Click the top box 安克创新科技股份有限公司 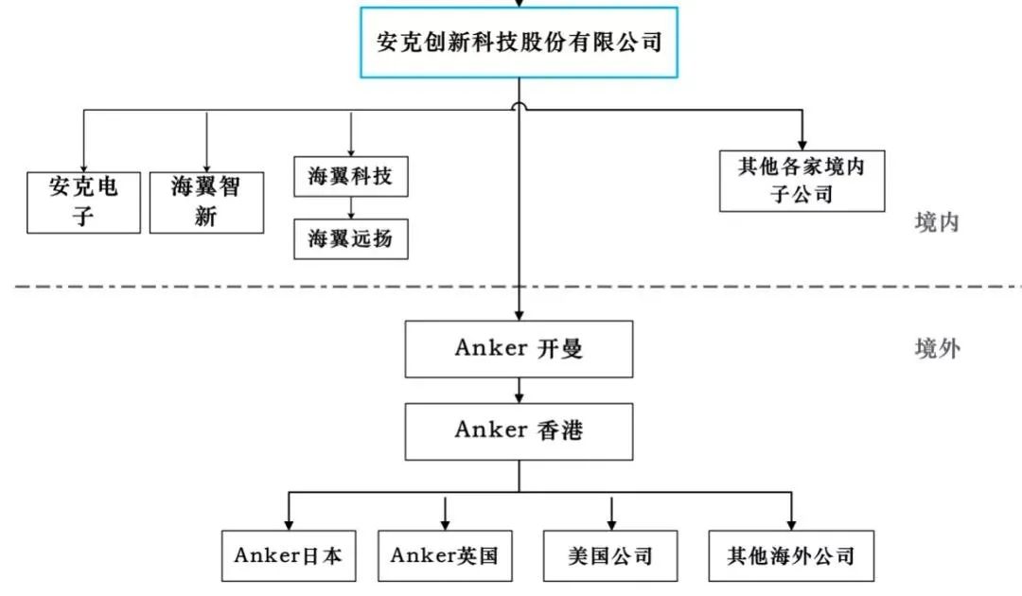click(x=519, y=43)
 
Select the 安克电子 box click(x=83, y=202)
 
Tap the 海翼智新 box click(x=206, y=202)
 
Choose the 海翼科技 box click(x=350, y=176)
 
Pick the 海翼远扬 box click(x=350, y=238)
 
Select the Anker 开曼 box click(x=519, y=348)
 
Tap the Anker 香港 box click(x=519, y=430)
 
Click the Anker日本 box click(x=288, y=554)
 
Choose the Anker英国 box click(x=444, y=554)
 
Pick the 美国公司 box click(x=611, y=554)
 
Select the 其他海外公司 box click(x=790, y=554)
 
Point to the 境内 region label click(x=937, y=222)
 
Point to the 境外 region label click(x=937, y=349)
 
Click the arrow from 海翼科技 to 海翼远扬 click(x=350, y=208)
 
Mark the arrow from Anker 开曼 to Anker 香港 click(x=519, y=390)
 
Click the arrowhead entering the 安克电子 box click(x=83, y=166)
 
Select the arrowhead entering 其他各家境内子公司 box click(x=802, y=144)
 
